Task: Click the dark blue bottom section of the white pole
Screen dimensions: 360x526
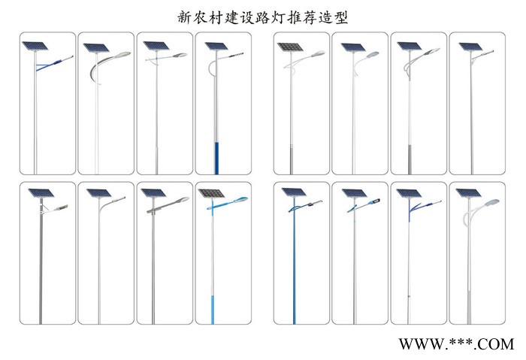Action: point(217,158)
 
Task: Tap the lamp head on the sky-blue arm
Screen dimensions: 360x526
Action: point(242,199)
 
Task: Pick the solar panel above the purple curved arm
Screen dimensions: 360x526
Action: point(408,194)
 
